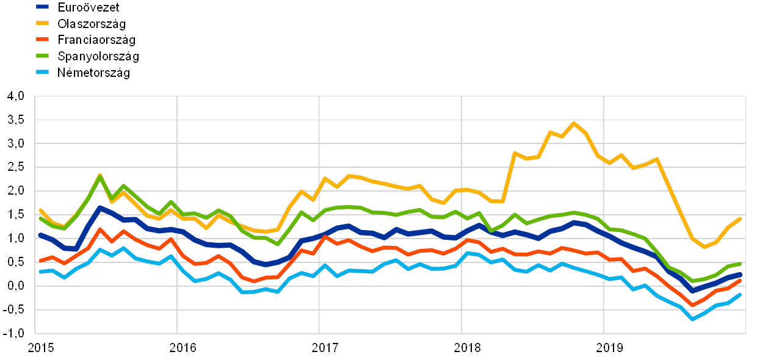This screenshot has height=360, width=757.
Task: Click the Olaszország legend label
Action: point(92,24)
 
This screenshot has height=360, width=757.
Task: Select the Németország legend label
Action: point(93,72)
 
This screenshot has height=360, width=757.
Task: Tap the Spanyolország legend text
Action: point(98,56)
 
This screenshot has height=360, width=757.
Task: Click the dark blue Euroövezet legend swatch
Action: point(43,7)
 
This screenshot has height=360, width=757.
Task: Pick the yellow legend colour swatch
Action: point(43,24)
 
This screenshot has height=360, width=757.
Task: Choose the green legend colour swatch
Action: point(43,56)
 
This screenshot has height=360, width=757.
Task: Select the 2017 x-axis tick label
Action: point(325,348)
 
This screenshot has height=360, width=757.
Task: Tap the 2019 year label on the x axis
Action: point(609,348)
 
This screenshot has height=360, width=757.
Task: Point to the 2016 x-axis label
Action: point(183,348)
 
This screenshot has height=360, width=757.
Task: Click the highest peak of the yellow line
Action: point(573,123)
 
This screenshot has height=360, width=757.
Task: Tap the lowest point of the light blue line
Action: point(692,319)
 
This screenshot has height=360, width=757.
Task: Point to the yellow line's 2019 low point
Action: point(704,247)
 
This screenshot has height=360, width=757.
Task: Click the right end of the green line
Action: point(740,264)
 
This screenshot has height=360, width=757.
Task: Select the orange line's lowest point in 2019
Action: point(692,305)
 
